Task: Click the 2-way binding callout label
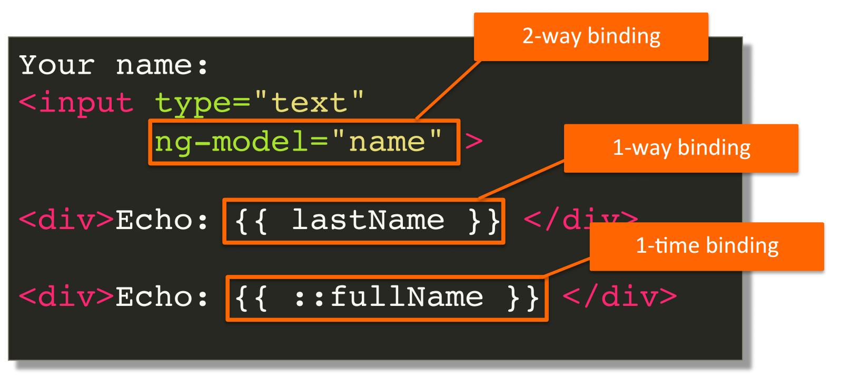coord(591,37)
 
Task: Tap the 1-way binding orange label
coord(681,148)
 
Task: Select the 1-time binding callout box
coord(707,246)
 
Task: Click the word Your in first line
coord(57,66)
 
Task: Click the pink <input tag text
coord(76,103)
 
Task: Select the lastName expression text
coord(368,220)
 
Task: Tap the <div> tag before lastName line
coord(66,220)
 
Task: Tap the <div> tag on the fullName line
coord(66,297)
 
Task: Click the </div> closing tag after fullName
coord(620,297)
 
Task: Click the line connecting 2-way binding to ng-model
coord(449,90)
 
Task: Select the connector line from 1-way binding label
coord(521,180)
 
